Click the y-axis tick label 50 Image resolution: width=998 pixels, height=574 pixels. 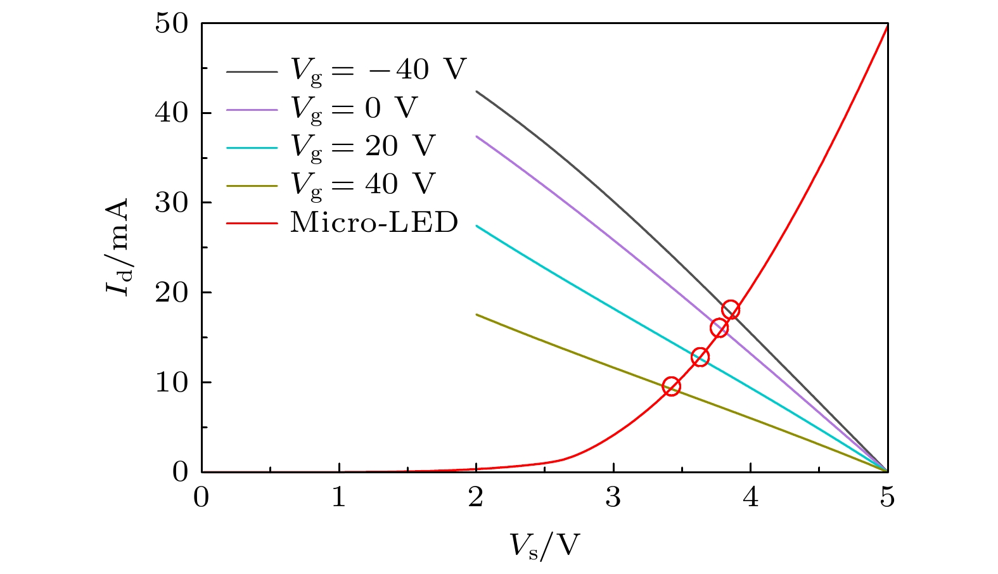(x=171, y=24)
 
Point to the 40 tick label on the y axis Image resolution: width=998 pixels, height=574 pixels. (x=171, y=114)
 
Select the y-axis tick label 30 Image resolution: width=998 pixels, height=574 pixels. (x=171, y=203)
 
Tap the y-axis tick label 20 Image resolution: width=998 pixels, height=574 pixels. (x=171, y=293)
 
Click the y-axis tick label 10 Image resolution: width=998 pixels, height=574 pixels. (x=171, y=383)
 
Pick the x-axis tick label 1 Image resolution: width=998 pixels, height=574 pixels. (x=339, y=498)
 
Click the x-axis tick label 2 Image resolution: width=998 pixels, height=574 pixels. (x=476, y=498)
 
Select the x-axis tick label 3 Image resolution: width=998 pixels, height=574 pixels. (x=613, y=498)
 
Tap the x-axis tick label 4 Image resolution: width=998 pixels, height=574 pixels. (x=750, y=498)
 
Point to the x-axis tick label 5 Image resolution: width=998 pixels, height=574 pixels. (x=887, y=498)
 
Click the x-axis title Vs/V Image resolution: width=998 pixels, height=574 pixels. (x=544, y=545)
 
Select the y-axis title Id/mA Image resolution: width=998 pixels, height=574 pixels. (x=118, y=247)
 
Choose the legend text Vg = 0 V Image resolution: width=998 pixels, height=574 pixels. (x=354, y=108)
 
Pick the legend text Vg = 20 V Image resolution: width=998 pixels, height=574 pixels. (x=363, y=146)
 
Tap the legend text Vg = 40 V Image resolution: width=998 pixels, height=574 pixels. (x=363, y=184)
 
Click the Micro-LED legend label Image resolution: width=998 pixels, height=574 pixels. (x=374, y=222)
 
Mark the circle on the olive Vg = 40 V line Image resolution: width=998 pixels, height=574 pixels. (x=671, y=386)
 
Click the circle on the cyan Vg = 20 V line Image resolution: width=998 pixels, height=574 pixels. (x=700, y=357)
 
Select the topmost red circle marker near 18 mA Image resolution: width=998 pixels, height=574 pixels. (x=731, y=310)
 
